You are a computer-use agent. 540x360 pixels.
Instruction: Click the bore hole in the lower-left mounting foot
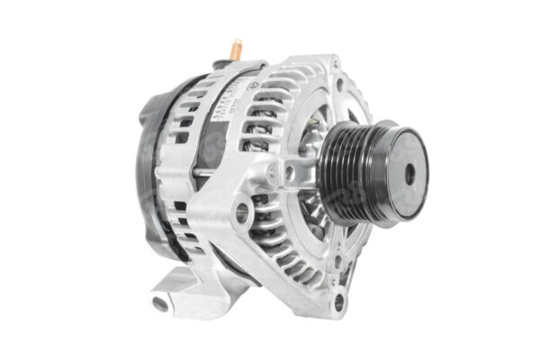[162, 302]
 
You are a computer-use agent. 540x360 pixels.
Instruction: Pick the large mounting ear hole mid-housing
[242, 212]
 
